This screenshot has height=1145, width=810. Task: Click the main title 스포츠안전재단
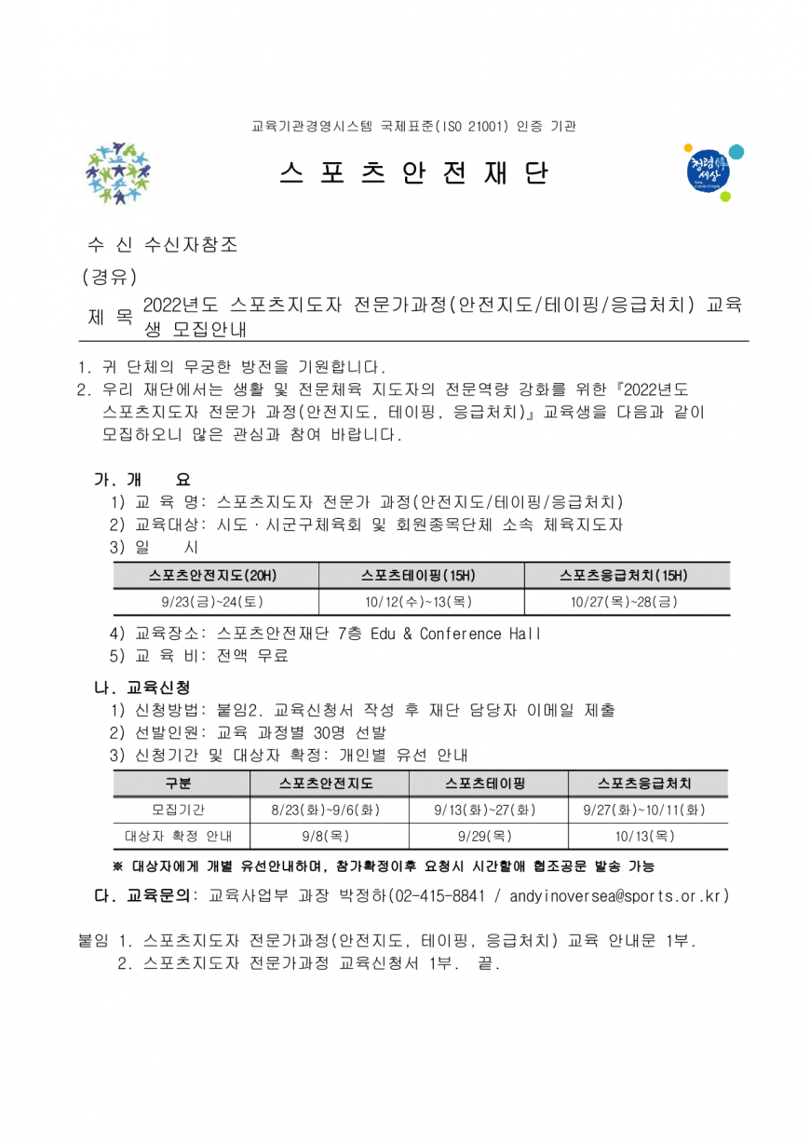tap(413, 173)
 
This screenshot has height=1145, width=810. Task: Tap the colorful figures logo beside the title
tap(118, 173)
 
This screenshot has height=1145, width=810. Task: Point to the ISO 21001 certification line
tap(413, 125)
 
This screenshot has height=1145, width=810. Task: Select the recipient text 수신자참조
tap(191, 245)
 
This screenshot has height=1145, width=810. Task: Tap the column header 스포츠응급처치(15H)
tap(625, 575)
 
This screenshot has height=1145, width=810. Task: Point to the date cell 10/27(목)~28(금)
tap(625, 602)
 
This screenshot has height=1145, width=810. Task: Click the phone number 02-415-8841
tap(438, 896)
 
